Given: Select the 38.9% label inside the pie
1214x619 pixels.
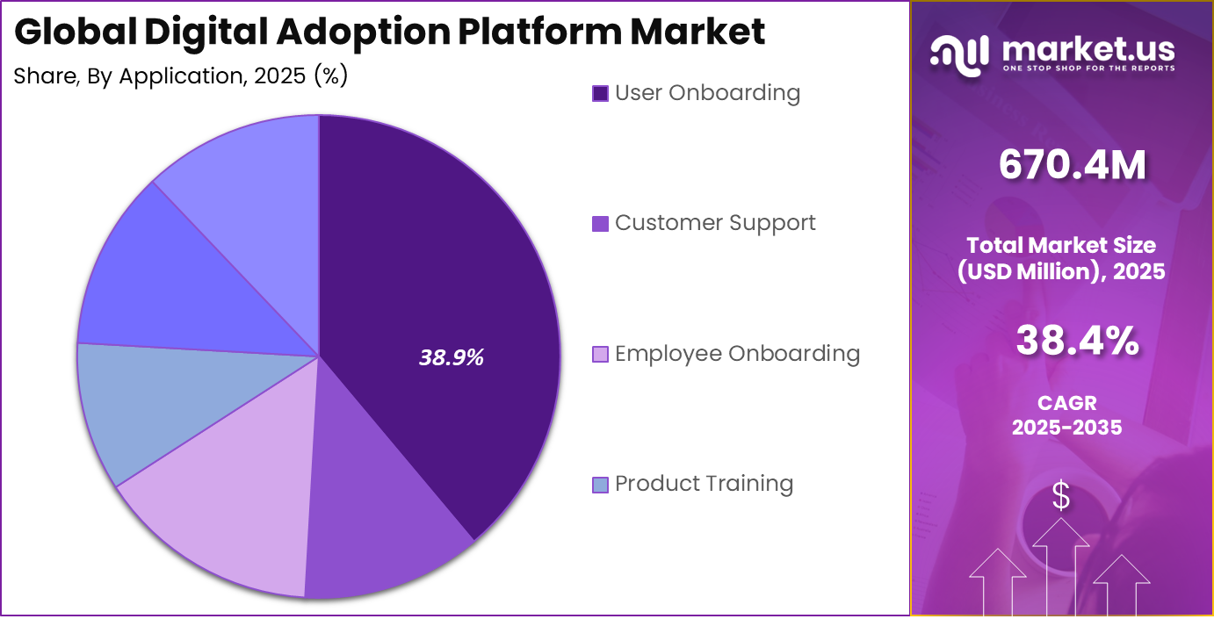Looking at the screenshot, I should (x=452, y=357).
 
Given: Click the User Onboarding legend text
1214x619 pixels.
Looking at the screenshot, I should (x=707, y=93).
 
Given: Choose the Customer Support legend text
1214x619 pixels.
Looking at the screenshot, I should (x=715, y=223).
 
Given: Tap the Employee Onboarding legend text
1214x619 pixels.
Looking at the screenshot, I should (x=737, y=354).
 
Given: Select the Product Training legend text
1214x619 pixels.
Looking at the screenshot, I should (x=704, y=484).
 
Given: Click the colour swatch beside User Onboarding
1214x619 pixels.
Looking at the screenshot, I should (x=601, y=94).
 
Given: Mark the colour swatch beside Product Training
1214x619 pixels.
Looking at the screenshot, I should (x=601, y=485).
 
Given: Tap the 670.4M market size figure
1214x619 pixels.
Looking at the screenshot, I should (x=1073, y=165).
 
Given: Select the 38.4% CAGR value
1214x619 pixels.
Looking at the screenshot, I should (x=1078, y=341).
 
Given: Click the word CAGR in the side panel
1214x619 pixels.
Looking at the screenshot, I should (x=1066, y=404).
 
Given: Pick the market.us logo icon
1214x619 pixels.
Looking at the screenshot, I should (x=959, y=54).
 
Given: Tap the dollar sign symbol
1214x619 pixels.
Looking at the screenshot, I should (x=1061, y=496).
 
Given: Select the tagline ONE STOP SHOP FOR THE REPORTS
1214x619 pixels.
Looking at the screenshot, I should (x=1088, y=68).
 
